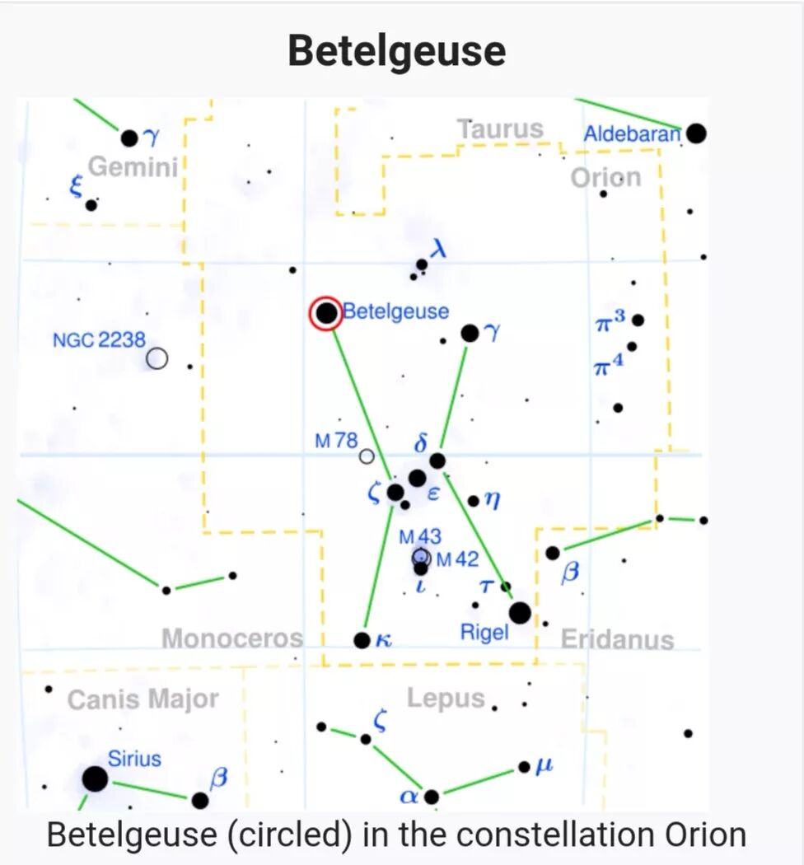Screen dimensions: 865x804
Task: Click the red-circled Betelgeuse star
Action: point(326,313)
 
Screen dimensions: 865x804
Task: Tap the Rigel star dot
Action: point(520,613)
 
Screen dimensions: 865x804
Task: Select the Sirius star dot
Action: point(96,778)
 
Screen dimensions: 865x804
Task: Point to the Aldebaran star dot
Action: point(697,133)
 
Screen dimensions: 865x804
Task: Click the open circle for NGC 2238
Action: point(157,358)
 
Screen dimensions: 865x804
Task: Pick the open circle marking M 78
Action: point(367,456)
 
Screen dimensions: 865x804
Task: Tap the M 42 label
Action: point(457,559)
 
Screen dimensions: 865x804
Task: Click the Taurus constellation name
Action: point(501,129)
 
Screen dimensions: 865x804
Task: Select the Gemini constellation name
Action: point(133,167)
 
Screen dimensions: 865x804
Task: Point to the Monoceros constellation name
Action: point(232,638)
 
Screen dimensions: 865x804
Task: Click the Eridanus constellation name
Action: point(617,639)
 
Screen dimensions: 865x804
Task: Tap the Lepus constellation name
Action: point(446,699)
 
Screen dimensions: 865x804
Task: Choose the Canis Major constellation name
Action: point(143,699)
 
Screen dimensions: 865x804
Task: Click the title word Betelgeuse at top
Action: point(397,51)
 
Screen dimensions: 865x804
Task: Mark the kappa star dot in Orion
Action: point(362,640)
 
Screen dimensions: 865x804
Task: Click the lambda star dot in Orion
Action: point(422,264)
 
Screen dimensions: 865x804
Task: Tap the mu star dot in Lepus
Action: point(524,767)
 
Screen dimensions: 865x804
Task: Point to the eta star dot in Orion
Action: point(473,500)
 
